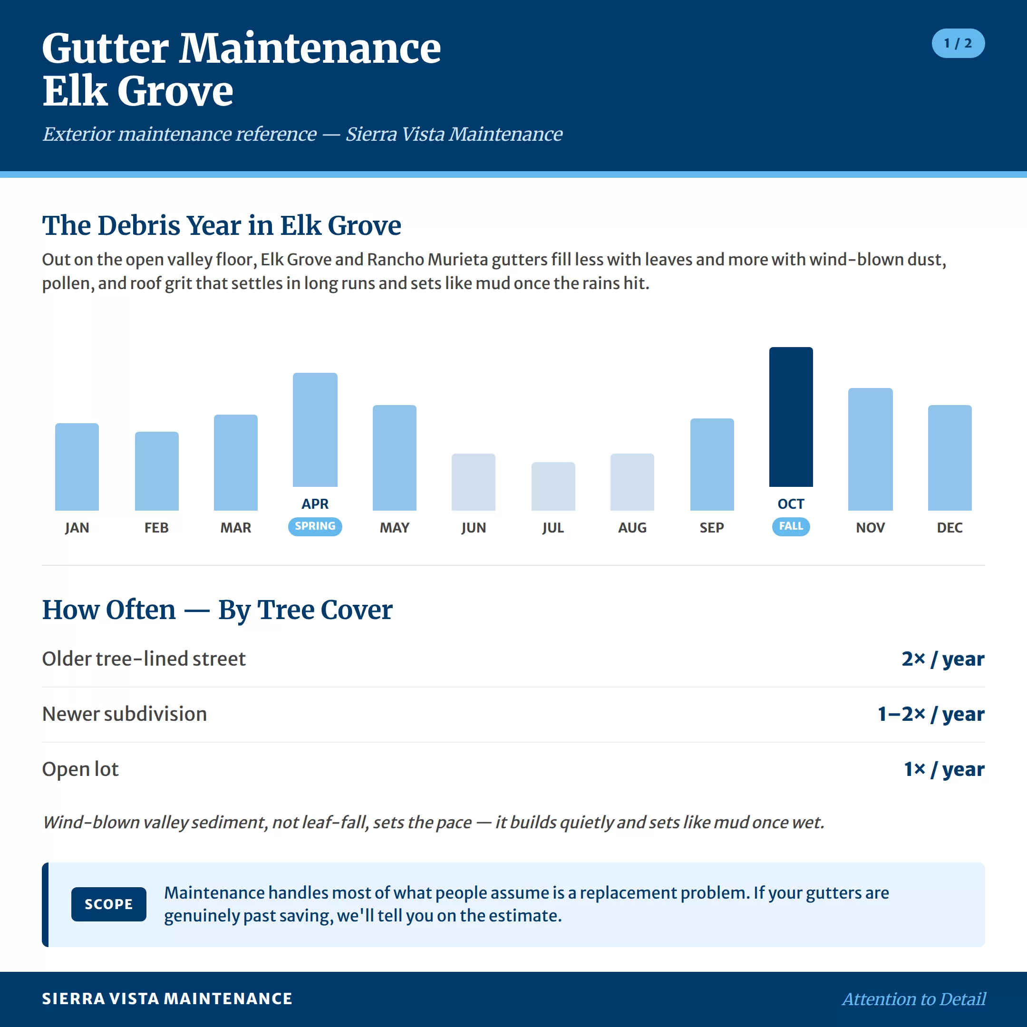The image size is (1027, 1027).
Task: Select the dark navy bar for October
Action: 791,417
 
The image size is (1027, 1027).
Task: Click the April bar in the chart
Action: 315,429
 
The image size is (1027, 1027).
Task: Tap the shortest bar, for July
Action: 553,486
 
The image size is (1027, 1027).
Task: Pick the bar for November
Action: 870,449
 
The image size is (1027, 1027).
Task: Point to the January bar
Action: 77,467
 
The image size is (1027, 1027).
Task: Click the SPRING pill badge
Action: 315,526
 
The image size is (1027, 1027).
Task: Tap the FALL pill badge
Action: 791,526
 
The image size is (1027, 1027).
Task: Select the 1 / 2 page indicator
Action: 958,43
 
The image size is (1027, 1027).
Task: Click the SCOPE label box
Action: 108,904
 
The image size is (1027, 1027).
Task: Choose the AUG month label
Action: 632,528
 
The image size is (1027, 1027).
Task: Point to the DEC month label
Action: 949,528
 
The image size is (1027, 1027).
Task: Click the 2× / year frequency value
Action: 943,659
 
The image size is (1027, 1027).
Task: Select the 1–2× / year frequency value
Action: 931,714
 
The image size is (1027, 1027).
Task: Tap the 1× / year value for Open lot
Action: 944,769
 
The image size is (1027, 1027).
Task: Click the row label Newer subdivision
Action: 125,714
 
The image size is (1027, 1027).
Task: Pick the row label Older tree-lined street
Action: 144,659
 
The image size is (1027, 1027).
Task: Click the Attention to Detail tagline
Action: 914,999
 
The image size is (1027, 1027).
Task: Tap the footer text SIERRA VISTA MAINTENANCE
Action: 167,999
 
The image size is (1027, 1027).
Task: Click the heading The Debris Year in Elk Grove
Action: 222,225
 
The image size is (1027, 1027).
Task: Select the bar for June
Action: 474,482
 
